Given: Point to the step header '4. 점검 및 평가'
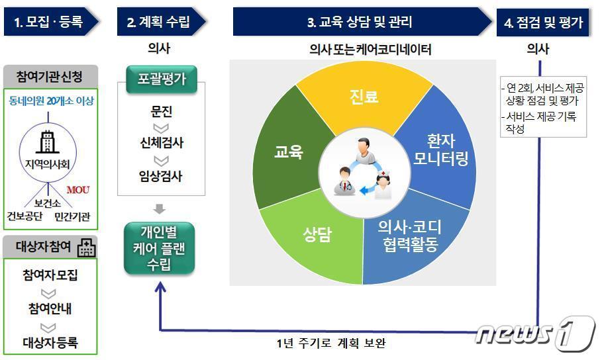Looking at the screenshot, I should pos(543,22).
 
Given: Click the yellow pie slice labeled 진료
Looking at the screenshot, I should pos(364,97).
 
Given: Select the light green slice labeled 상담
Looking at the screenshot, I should pos(317,235).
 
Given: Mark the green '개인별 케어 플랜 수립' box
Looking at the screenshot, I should pos(160,249).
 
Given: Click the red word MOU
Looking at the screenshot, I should pos(78,190).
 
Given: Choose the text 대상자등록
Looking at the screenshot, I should pos(50,342).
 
